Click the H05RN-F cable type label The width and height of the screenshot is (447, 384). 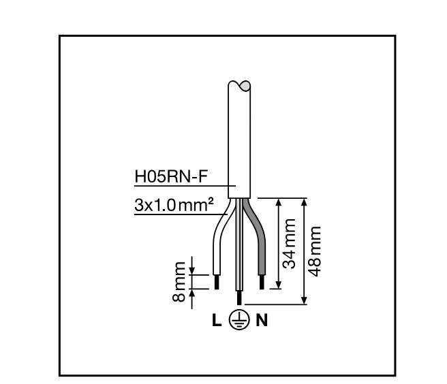click(x=170, y=178)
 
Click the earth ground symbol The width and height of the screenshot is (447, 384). click(x=239, y=320)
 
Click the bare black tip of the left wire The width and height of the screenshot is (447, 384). click(x=217, y=282)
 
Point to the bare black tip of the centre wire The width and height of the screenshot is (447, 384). click(x=238, y=298)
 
